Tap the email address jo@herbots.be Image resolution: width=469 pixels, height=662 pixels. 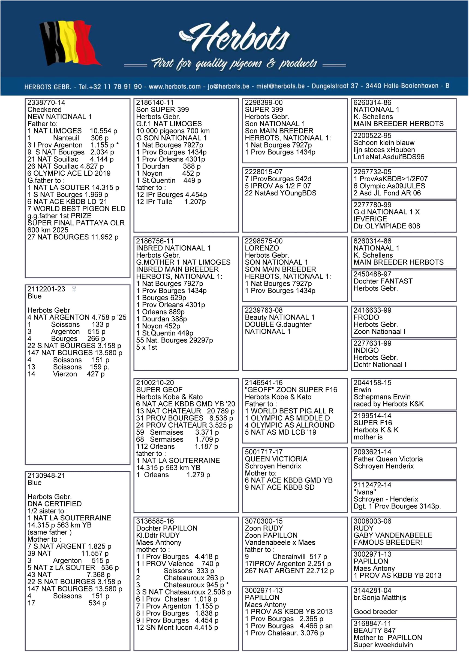click(228, 86)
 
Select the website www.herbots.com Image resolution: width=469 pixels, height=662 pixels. click(175, 86)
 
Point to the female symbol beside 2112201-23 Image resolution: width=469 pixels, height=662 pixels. click(74, 289)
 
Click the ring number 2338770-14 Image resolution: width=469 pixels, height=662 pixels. click(46, 102)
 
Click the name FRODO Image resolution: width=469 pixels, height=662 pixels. click(366, 317)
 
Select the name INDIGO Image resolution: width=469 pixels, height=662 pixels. click(366, 350)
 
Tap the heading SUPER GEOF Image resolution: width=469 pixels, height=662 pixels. click(159, 389)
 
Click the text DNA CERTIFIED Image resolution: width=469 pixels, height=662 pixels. click(55, 504)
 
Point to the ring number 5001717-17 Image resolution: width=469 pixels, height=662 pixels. click(263, 452)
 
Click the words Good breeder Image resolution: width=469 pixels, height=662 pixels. click(375, 612)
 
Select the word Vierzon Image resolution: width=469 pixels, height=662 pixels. click(65, 374)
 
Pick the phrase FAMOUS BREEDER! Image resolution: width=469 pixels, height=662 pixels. click(387, 542)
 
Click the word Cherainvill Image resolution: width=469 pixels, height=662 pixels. click(289, 556)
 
